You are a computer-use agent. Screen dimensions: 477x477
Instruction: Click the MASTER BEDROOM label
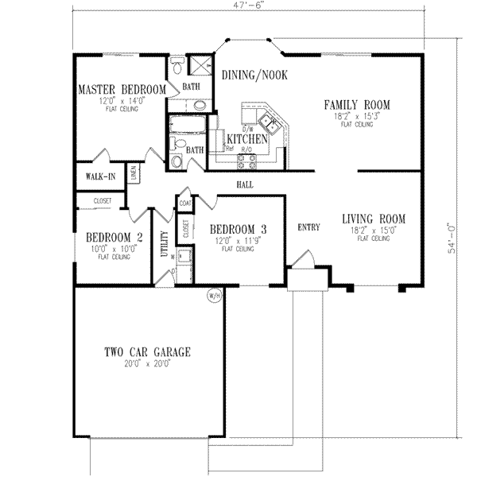point(121,89)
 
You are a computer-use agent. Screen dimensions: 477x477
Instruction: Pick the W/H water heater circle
point(213,296)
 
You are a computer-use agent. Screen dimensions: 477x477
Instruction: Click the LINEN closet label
point(134,173)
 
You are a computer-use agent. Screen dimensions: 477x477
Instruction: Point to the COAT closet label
point(185,203)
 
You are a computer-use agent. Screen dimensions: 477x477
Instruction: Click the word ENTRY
point(308,227)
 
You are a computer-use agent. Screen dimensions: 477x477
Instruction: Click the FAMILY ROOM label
point(355,105)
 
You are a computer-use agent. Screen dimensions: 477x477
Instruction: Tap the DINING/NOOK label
point(254,75)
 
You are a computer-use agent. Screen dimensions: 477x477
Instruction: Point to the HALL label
point(244,184)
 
